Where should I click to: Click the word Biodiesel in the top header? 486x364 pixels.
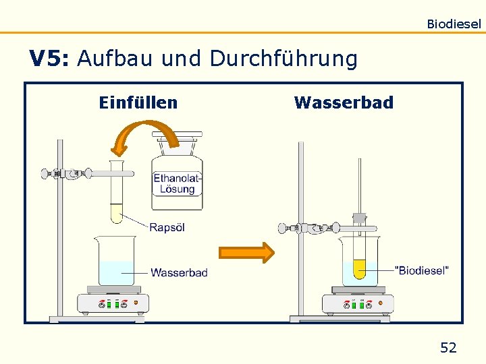coord(454,24)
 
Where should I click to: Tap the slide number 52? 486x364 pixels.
coord(448,348)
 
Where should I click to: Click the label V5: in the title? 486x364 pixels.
coord(48,59)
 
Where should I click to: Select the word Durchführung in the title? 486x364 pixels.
coord(283,59)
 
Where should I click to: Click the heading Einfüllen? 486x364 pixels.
coord(138,102)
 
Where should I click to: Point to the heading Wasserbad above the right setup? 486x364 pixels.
coord(344,102)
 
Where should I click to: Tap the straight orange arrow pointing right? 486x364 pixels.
coord(246,253)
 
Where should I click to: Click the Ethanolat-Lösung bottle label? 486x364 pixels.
coord(178,183)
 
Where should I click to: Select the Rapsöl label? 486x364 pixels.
coord(167,227)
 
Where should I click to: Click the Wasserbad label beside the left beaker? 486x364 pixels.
coord(179,272)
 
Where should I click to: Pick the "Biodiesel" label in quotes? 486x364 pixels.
coord(421,270)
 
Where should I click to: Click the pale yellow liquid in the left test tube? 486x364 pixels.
coord(117,214)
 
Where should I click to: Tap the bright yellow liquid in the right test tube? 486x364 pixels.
coord(359,270)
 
